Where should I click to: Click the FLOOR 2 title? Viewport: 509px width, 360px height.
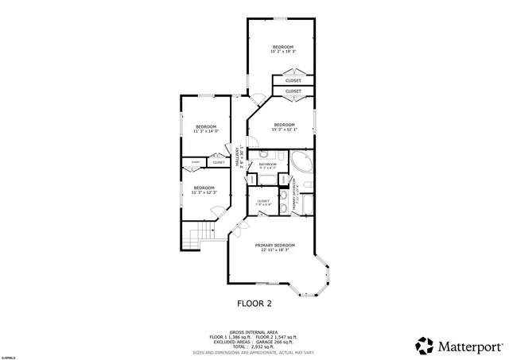click(x=254, y=303)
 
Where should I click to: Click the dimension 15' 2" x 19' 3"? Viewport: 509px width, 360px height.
click(x=284, y=52)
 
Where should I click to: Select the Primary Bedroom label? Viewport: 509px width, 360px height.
click(x=274, y=245)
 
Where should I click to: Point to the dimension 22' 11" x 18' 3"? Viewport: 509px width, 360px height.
click(x=275, y=250)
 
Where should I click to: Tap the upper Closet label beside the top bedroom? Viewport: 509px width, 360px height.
click(x=293, y=80)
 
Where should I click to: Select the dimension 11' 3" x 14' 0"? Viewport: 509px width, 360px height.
click(x=206, y=131)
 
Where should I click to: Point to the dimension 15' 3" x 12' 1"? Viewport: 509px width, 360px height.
click(x=284, y=129)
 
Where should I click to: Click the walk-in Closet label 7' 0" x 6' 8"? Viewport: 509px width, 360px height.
click(x=263, y=203)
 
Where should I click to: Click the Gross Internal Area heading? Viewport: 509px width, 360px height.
click(x=254, y=332)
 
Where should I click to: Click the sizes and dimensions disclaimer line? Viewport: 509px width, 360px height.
click(x=254, y=352)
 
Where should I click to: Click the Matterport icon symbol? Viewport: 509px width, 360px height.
click(x=425, y=345)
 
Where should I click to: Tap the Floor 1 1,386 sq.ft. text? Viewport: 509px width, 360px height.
click(x=228, y=337)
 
